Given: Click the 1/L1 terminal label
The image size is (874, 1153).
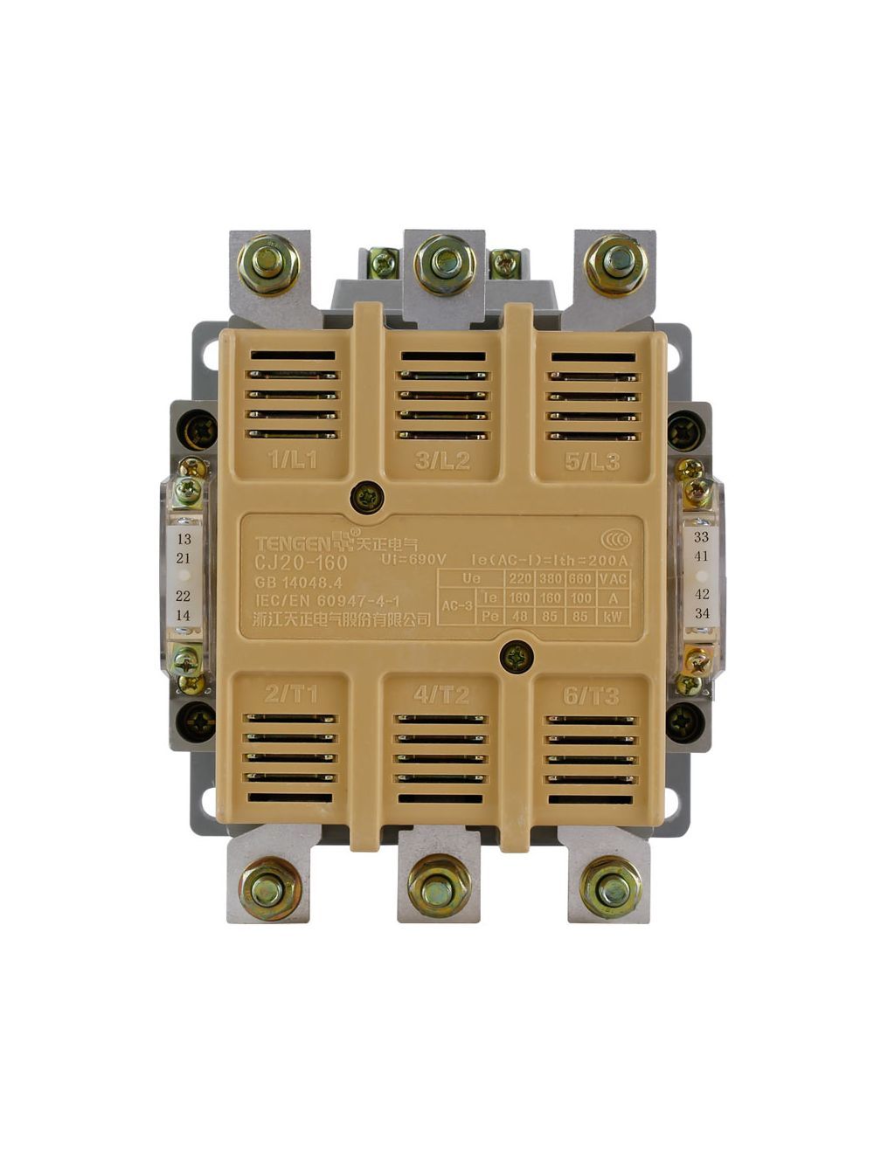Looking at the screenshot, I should [x=293, y=461].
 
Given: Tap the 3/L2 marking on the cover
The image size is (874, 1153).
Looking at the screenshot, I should [x=442, y=461].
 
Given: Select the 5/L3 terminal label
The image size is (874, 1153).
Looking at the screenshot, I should [x=593, y=461].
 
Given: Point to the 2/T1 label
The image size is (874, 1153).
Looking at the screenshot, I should [x=291, y=694].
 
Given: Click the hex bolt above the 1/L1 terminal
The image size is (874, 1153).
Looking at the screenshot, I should [x=268, y=264].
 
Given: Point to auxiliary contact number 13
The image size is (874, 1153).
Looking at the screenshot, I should [x=184, y=539].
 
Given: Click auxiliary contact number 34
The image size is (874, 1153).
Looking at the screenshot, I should [x=701, y=613].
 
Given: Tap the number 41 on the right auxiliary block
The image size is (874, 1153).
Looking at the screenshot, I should [x=701, y=556].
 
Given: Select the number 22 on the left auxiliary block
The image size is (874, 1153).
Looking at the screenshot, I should [x=184, y=596].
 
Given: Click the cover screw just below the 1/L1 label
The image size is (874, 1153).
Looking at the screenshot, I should [x=367, y=498].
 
